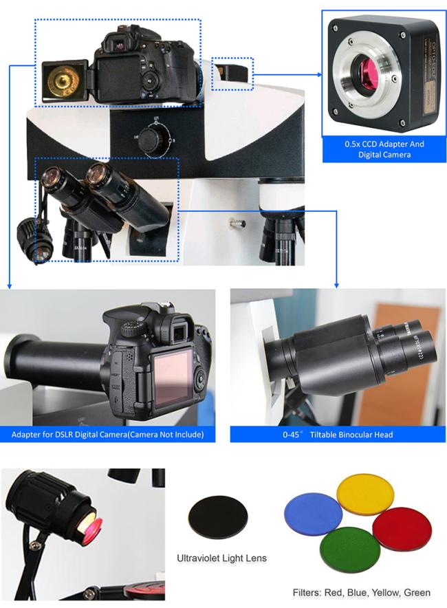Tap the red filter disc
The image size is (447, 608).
pyautogui.click(x=402, y=528)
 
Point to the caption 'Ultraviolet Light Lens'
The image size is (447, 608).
pyautogui.click(x=221, y=558)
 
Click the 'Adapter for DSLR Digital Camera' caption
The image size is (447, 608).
pyautogui.click(x=107, y=435)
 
